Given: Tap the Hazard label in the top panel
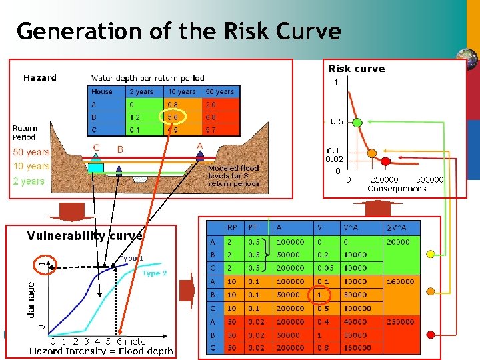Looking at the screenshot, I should pyautogui.click(x=40, y=78).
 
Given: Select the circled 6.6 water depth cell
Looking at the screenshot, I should pyautogui.click(x=172, y=117).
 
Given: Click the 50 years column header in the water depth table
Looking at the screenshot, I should pyautogui.click(x=219, y=91).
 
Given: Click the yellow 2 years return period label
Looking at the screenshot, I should pyautogui.click(x=28, y=181).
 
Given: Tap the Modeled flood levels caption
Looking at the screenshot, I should pyautogui.click(x=233, y=176).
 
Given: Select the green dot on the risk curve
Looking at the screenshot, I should pyautogui.click(x=357, y=123).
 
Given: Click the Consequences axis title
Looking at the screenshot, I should pyautogui.click(x=396, y=189).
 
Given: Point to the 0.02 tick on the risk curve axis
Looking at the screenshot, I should pyautogui.click(x=334, y=159).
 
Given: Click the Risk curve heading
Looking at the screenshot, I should pyautogui.click(x=357, y=69).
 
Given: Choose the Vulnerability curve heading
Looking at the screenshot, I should pyautogui.click(x=85, y=236).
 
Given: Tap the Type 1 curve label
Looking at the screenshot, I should pyautogui.click(x=131, y=258).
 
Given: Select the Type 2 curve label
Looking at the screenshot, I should pyautogui.click(x=155, y=273).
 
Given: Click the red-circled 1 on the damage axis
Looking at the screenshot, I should pyautogui.click(x=45, y=265).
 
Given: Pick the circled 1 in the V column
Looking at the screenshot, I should pyautogui.click(x=320, y=295).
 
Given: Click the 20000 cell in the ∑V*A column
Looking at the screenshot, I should pyautogui.click(x=398, y=242).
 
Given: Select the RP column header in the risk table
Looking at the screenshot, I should pyautogui.click(x=232, y=227).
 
